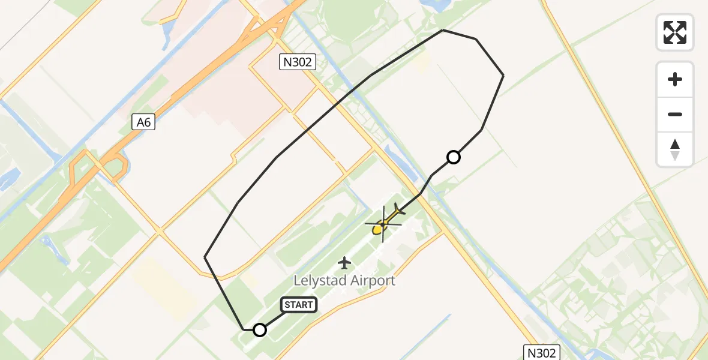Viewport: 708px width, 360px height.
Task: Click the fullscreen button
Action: (675, 32)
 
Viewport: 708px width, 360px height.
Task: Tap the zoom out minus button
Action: (675, 114)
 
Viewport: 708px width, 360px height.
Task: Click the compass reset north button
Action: (675, 149)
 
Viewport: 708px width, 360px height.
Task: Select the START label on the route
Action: (299, 305)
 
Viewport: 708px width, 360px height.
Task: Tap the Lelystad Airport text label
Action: (344, 280)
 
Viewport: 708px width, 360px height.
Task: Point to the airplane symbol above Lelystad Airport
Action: (344, 262)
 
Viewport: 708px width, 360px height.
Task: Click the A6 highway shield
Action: (143, 122)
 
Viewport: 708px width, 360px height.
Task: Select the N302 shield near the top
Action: (298, 62)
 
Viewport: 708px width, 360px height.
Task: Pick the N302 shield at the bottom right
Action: (541, 352)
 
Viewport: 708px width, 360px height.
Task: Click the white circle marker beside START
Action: (260, 330)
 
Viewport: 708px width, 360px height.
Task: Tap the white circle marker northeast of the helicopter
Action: (454, 157)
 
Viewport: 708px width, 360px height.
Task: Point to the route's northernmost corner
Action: (443, 30)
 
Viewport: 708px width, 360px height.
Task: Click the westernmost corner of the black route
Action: (205, 257)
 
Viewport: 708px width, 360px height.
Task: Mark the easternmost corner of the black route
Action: (503, 76)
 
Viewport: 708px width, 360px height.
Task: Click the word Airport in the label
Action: (371, 280)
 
